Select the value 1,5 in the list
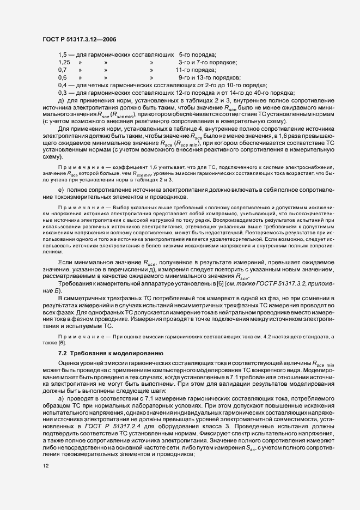click(x=62, y=55)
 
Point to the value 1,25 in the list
click(x=63, y=63)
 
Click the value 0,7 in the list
click(x=62, y=70)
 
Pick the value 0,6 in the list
click(x=62, y=78)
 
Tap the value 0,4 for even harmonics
click(x=62, y=86)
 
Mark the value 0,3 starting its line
click(x=62, y=93)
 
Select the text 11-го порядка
click(x=195, y=70)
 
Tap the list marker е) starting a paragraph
click(x=60, y=189)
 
